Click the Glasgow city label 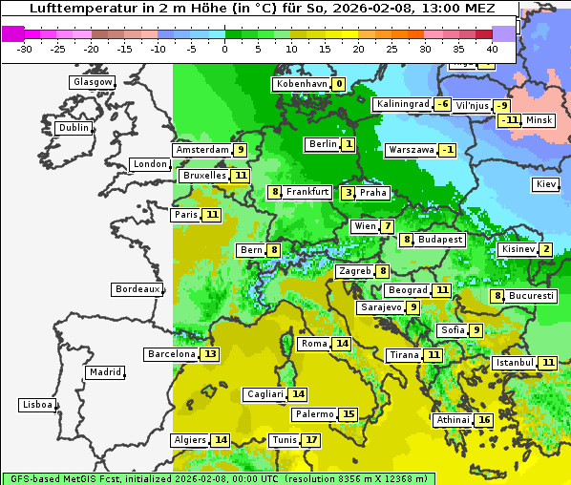point(93,82)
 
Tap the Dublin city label point(74,128)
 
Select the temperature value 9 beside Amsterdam point(241,150)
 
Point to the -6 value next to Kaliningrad point(443,104)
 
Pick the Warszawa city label point(411,150)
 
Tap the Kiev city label point(546,183)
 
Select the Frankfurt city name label point(307,192)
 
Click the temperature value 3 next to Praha point(348,193)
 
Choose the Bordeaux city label point(137,288)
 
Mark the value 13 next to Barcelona point(210,354)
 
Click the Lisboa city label point(37,405)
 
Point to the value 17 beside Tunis point(311,440)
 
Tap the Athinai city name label point(453,420)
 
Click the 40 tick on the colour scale point(492,49)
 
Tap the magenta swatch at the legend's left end point(12,32)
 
